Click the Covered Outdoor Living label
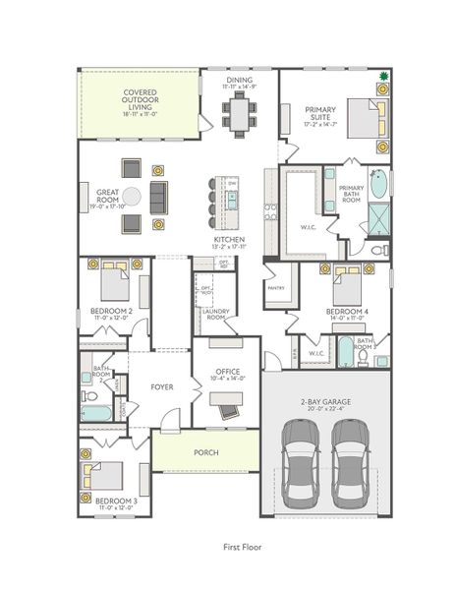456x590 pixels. click(141, 99)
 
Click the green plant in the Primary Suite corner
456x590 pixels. click(384, 76)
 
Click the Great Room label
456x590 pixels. click(107, 196)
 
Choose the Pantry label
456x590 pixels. click(274, 288)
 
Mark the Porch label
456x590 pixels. click(205, 452)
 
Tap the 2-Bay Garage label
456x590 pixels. click(325, 402)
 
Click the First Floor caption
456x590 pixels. click(242, 547)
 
